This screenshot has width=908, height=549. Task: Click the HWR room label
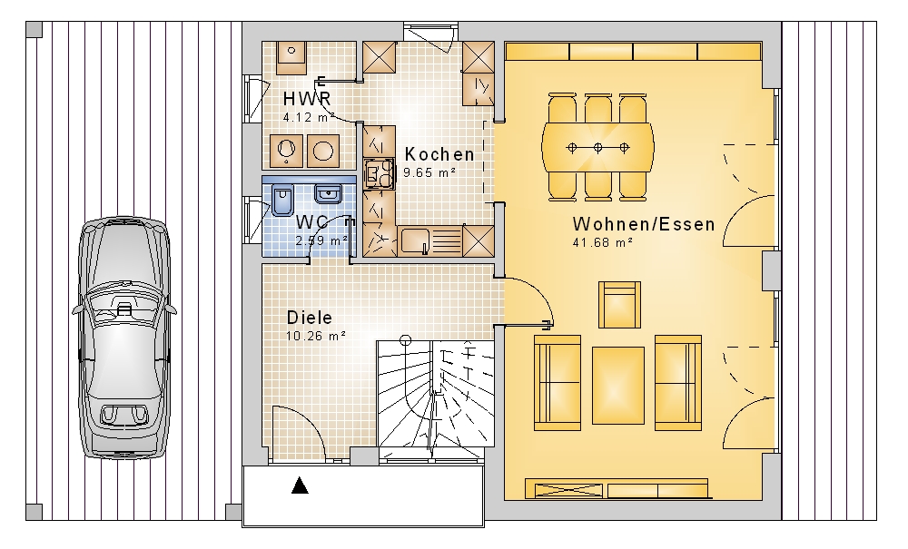(x=307, y=99)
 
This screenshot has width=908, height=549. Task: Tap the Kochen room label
(x=439, y=154)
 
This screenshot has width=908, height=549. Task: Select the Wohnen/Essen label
(x=644, y=224)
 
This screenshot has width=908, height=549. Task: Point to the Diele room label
(x=310, y=318)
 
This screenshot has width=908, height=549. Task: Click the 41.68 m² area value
(x=602, y=243)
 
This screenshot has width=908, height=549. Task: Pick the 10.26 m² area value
(x=316, y=336)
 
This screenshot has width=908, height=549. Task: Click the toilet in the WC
(x=282, y=201)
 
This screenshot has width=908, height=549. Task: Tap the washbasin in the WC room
(x=329, y=194)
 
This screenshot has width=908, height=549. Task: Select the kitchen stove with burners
(x=380, y=174)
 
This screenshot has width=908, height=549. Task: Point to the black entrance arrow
(x=300, y=485)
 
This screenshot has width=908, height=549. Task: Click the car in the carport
(x=124, y=338)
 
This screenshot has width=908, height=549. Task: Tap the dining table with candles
(x=597, y=147)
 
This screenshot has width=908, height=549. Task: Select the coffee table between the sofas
(x=617, y=386)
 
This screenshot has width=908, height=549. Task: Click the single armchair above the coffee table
(x=619, y=305)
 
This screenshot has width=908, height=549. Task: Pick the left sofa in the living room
(x=558, y=383)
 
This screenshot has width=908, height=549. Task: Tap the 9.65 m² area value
(x=429, y=172)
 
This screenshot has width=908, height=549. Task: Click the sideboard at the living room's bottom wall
(x=617, y=489)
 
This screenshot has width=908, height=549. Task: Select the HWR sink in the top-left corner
(x=291, y=58)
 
